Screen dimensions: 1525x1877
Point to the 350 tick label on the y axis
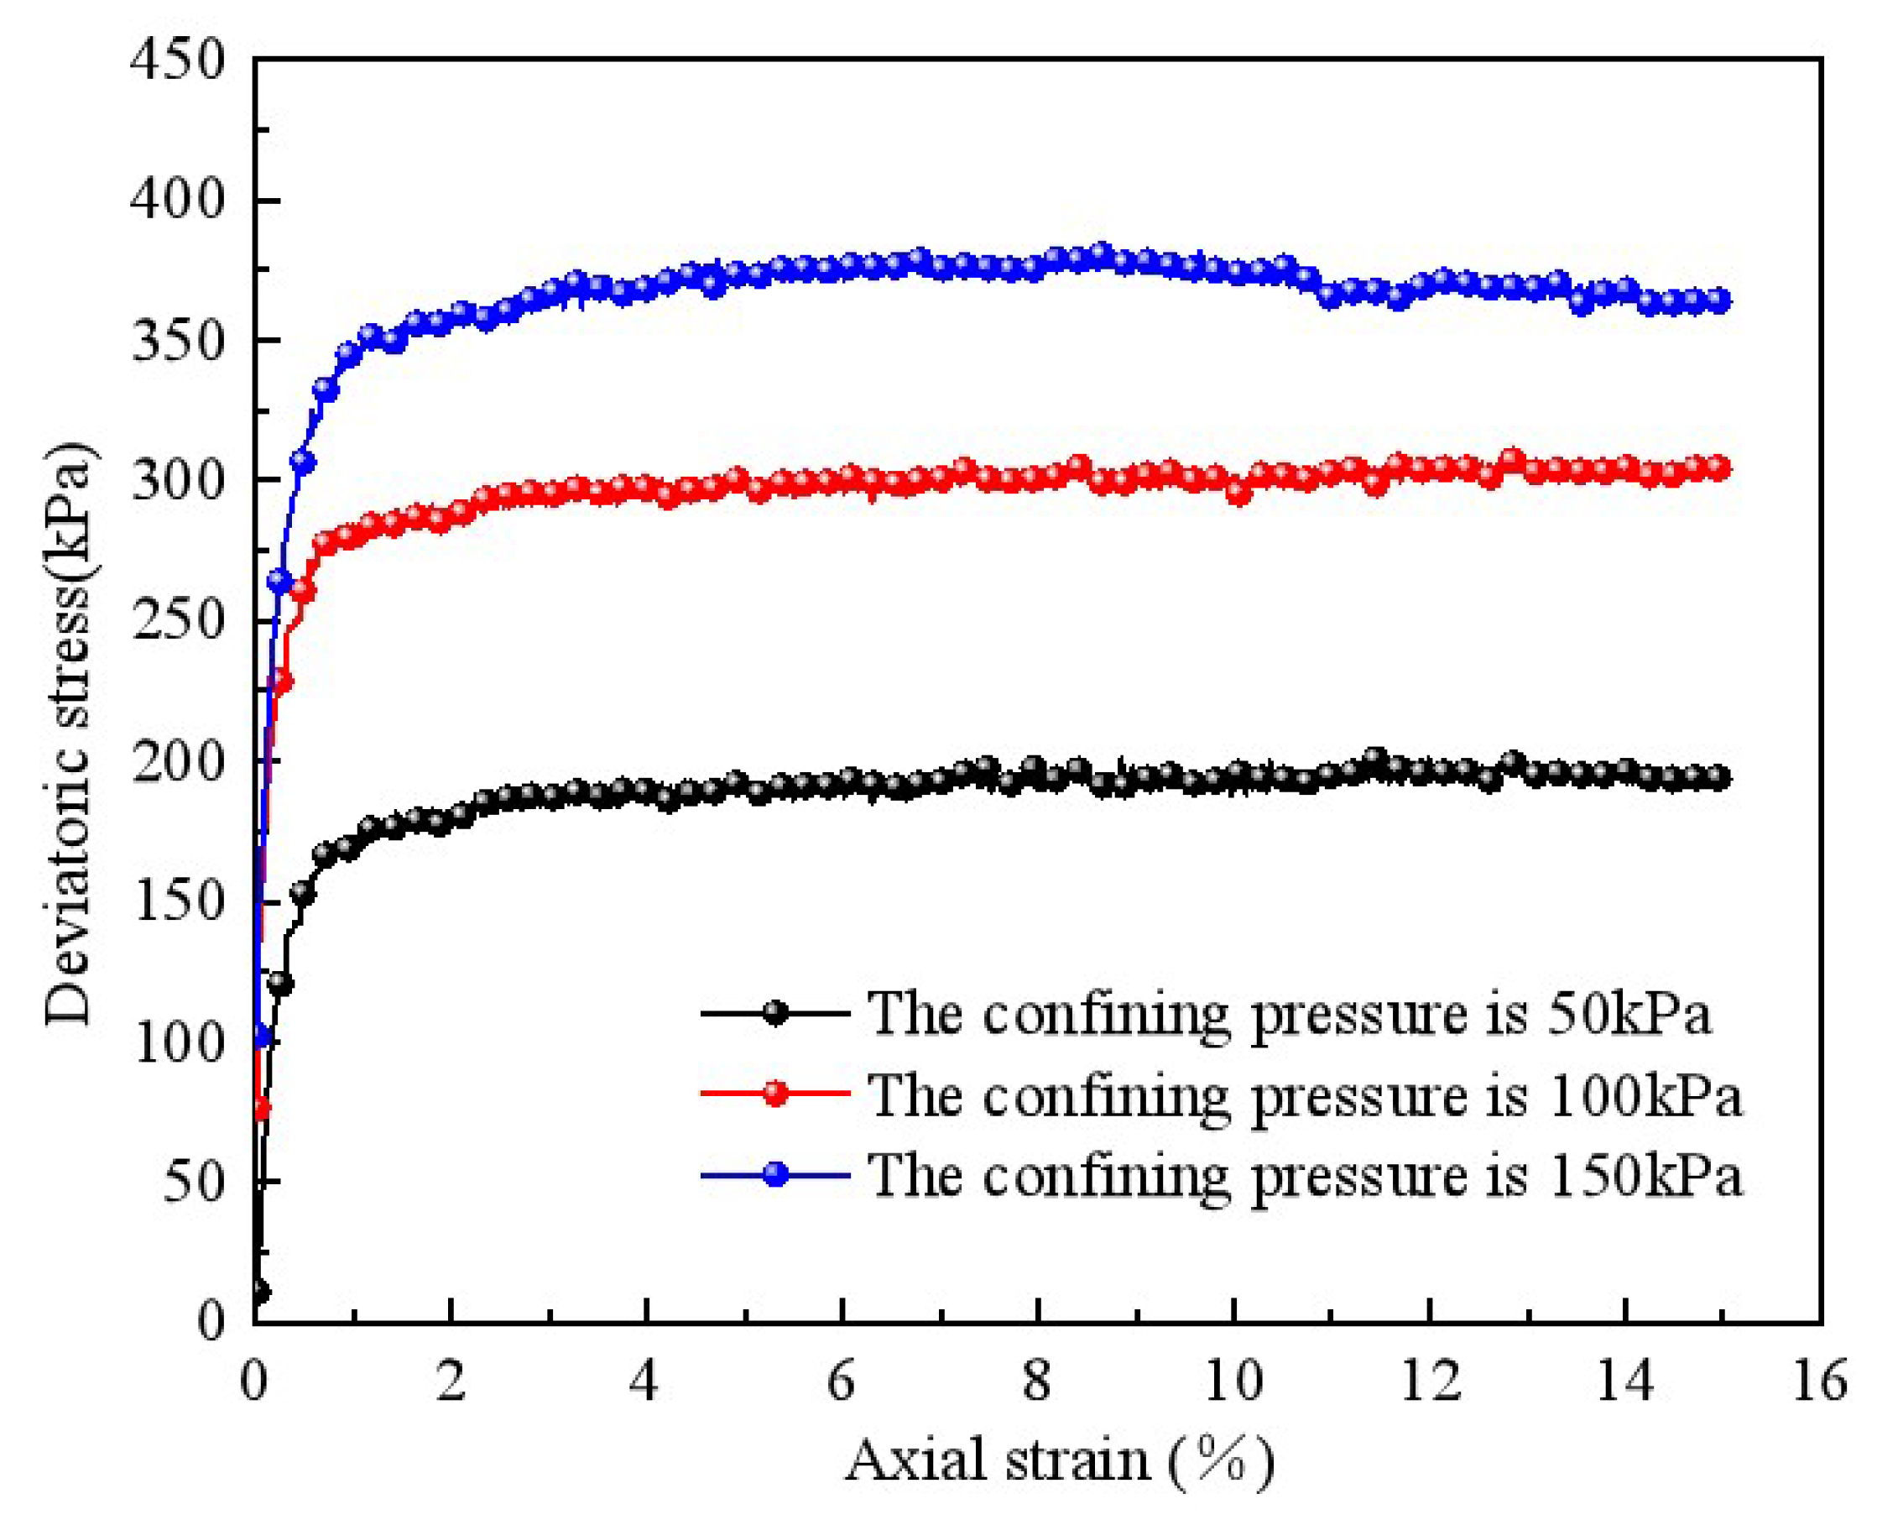pos(178,341)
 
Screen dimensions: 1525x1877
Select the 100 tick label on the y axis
pos(178,1043)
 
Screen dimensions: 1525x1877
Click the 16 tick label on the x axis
pos(1819,1381)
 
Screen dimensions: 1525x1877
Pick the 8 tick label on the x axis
pos(1037,1381)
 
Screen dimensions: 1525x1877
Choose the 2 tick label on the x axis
pos(451,1381)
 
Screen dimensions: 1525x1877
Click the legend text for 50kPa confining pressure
pos(1290,1013)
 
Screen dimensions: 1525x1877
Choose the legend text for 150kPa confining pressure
pos(1304,1174)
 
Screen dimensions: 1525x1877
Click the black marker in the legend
pos(774,1013)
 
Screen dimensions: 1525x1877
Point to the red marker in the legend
pos(774,1094)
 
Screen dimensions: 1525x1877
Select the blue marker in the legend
pos(774,1174)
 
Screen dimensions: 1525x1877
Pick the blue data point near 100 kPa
pos(261,1037)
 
